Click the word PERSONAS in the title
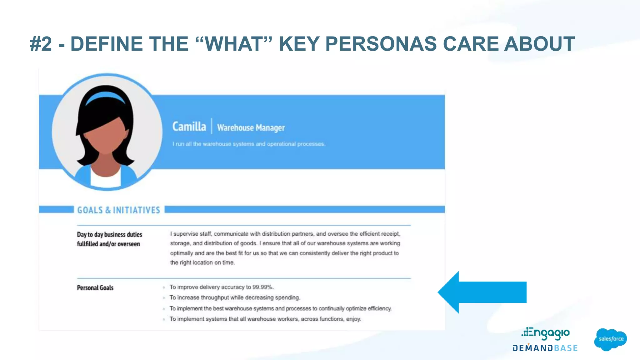(381, 44)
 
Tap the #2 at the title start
(41, 44)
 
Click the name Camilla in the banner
(189, 127)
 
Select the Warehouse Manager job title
(251, 127)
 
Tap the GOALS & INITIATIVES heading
(118, 210)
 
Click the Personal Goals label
(95, 287)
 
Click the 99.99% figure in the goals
(263, 287)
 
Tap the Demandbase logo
(545, 348)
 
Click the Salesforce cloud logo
(610, 339)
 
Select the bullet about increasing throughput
(234, 297)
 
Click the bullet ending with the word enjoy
(265, 319)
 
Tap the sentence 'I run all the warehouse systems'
(249, 144)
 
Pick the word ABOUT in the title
(539, 44)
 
